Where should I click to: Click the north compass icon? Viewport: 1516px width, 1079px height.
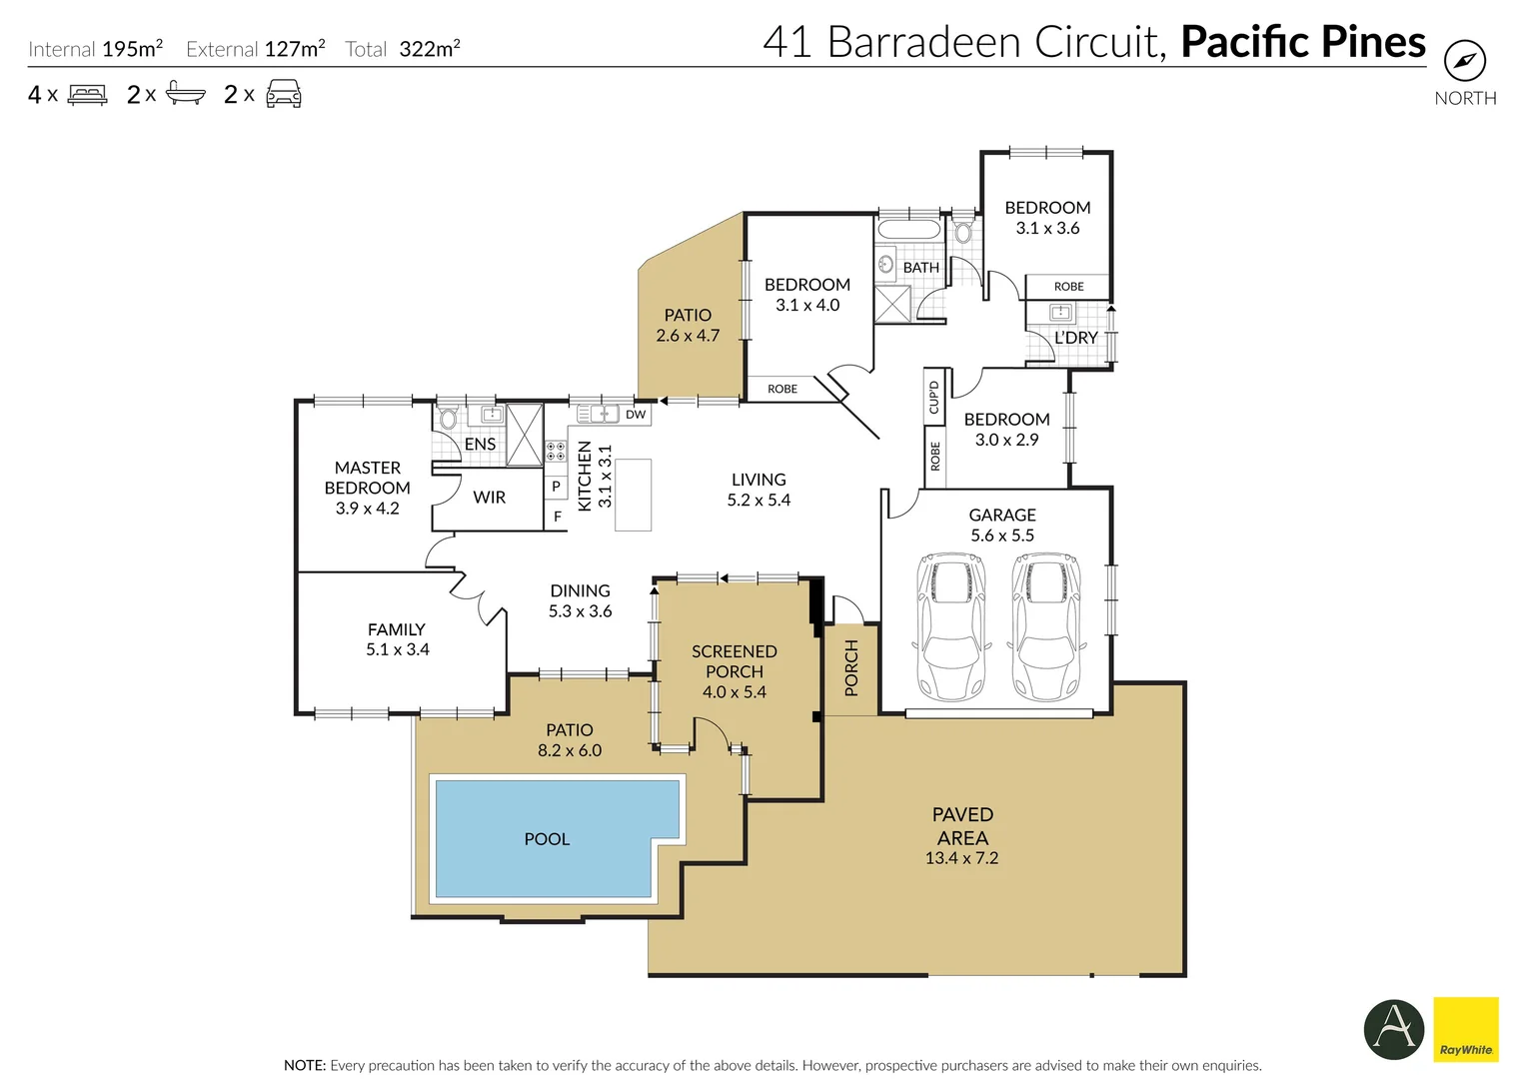click(1464, 61)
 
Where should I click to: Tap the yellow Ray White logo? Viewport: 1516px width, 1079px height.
click(1465, 1029)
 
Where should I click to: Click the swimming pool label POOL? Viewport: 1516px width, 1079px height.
click(547, 839)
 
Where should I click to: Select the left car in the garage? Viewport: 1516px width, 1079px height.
click(950, 626)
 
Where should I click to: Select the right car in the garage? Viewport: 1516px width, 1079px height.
click(1045, 626)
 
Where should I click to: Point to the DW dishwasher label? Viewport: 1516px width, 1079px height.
click(636, 415)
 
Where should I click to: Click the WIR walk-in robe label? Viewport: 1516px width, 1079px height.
click(489, 498)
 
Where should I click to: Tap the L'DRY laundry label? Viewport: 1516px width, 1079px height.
click(1075, 338)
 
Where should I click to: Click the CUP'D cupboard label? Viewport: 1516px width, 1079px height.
click(934, 397)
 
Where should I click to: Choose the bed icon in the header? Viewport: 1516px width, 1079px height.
click(87, 95)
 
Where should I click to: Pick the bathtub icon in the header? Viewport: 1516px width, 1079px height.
click(185, 94)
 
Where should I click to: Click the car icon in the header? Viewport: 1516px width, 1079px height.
click(284, 94)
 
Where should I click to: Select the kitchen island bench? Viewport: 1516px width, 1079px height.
click(633, 495)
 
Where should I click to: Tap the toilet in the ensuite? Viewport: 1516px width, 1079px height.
click(448, 417)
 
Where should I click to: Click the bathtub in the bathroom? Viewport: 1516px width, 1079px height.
click(908, 230)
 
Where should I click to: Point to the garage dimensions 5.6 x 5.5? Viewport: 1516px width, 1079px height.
click(1002, 536)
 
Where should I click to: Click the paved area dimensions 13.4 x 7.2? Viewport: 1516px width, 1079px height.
click(961, 858)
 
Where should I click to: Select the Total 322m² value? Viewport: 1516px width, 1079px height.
click(429, 49)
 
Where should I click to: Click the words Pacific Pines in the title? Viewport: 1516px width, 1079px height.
click(1302, 42)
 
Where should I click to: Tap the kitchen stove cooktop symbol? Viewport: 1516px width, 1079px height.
click(556, 451)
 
